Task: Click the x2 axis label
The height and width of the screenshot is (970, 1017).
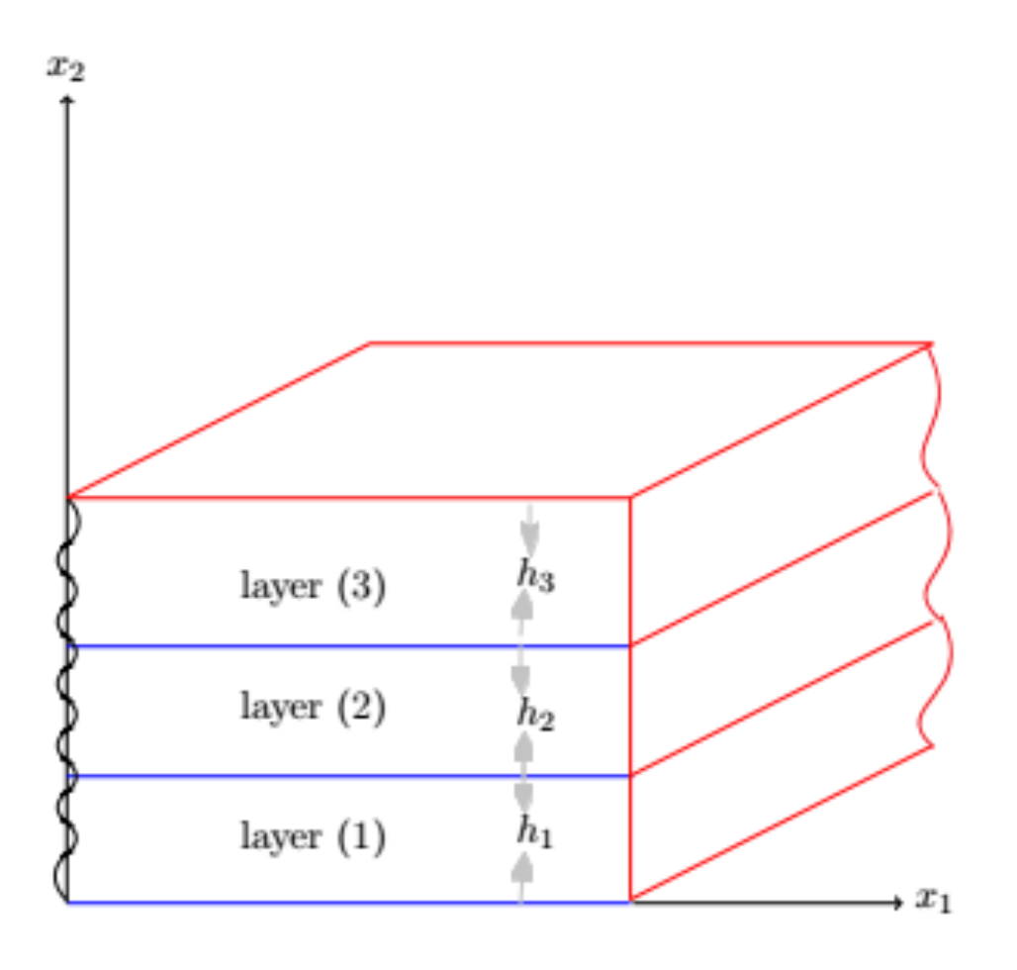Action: coord(65,67)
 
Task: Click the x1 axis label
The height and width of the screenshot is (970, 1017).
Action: coord(932,899)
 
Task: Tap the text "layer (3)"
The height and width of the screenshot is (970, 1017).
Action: coord(313,586)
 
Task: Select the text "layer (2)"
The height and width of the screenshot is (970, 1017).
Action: coord(313,708)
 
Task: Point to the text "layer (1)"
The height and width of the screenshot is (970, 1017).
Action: coord(313,837)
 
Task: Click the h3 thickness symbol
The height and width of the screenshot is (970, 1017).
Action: coord(535,576)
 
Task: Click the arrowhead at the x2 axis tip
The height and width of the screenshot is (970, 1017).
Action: coord(66,99)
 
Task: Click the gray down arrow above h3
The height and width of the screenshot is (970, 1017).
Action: coord(530,531)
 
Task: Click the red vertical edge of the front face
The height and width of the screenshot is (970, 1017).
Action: coord(630,693)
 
